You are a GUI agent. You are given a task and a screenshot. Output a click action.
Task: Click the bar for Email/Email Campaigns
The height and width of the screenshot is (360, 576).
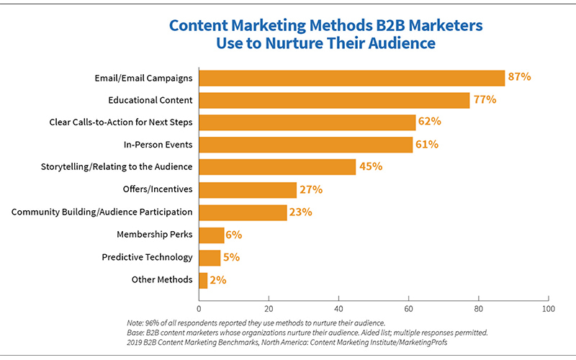pyautogui.click(x=351, y=78)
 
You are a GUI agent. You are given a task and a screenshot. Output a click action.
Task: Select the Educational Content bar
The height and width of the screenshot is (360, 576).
pyautogui.click(x=334, y=100)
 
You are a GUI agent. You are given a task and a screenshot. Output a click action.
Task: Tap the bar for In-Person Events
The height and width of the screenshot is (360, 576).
pyautogui.click(x=305, y=145)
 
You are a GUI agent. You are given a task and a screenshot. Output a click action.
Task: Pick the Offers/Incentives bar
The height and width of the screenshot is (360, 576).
pyautogui.click(x=248, y=190)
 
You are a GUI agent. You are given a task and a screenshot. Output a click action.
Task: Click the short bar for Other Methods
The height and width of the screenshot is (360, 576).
pyautogui.click(x=203, y=280)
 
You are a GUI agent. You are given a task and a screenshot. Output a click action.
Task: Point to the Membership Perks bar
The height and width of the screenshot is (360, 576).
pyautogui.click(x=211, y=235)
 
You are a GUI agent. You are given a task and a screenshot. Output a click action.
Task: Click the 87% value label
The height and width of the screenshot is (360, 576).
pyautogui.click(x=519, y=76)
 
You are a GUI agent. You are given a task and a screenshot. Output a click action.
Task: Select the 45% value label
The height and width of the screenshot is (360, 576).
pyautogui.click(x=370, y=166)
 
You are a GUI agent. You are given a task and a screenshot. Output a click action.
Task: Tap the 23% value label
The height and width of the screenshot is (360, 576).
pyautogui.click(x=301, y=212)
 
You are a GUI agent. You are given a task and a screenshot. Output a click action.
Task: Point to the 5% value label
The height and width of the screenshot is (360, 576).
pyautogui.click(x=231, y=257)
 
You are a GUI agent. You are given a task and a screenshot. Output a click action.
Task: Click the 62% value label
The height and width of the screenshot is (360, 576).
pyautogui.click(x=430, y=122)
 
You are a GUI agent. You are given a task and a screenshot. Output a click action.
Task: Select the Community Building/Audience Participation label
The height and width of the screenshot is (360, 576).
pyautogui.click(x=102, y=212)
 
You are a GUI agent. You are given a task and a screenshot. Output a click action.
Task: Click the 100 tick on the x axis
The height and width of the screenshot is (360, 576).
pyautogui.click(x=549, y=308)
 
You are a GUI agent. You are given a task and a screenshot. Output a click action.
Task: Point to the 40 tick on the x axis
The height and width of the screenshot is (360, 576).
pyautogui.click(x=338, y=308)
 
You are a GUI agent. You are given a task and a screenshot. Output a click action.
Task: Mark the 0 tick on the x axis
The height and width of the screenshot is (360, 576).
pyautogui.click(x=199, y=308)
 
